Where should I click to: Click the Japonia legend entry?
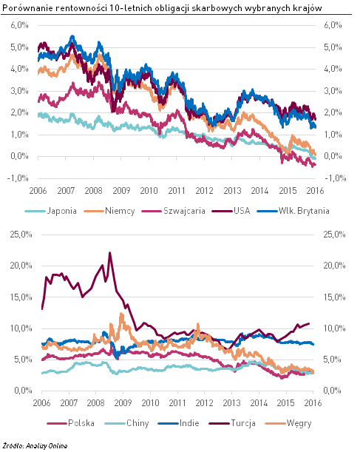pyautogui.click(x=51, y=211)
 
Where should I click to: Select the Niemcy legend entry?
pyautogui.click(x=109, y=211)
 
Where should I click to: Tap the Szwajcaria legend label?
pyautogui.click(x=184, y=211)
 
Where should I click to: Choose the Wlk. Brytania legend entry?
pyautogui.click(x=293, y=211)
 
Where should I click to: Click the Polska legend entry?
pyautogui.click(x=70, y=423)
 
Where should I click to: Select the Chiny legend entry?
pyautogui.click(x=126, y=423)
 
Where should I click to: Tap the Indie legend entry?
pyautogui.click(x=179, y=423)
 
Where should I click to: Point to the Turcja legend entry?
pyautogui.click(x=232, y=423)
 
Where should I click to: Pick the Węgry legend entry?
pyautogui.click(x=288, y=423)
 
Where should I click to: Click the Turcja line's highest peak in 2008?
pyautogui.click(x=109, y=253)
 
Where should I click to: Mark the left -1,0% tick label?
pyautogui.click(x=18, y=178)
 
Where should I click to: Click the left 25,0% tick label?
pyautogui.click(x=21, y=235)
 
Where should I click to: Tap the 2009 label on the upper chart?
pyautogui.click(x=121, y=191)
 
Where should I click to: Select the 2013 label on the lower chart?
pyautogui.click(x=231, y=402)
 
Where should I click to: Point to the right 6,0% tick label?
pyautogui.click(x=333, y=25)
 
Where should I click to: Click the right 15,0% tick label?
pyautogui.click(x=334, y=297)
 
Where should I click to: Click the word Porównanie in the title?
pyautogui.click(x=27, y=8)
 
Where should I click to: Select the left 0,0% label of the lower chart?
pyautogui.click(x=23, y=391)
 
